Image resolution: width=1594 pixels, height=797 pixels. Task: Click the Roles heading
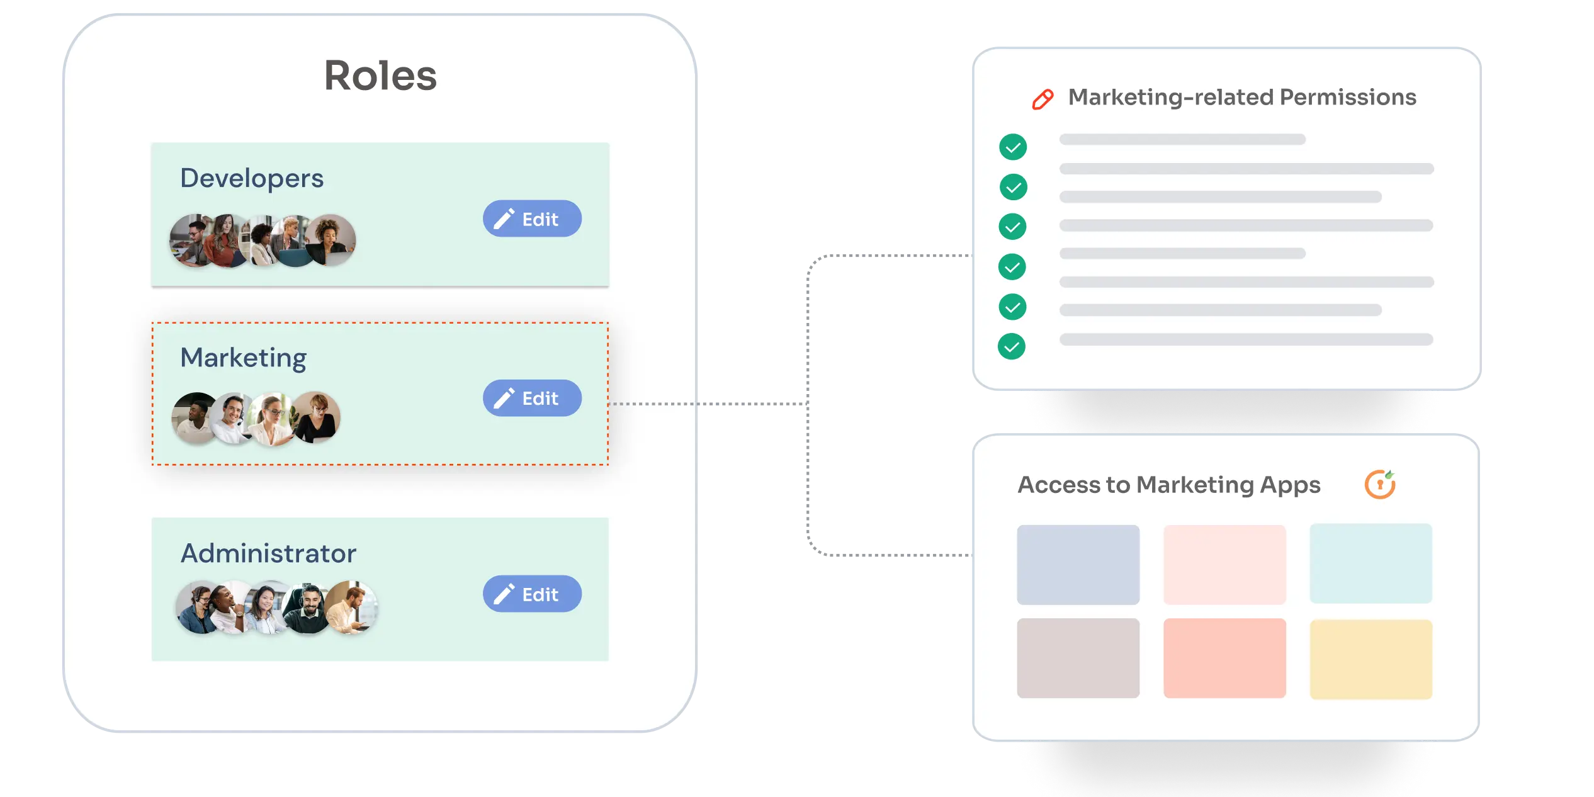tap(380, 76)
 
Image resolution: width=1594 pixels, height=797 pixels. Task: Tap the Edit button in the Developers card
tap(532, 218)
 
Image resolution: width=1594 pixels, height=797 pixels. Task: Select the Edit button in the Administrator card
tap(532, 594)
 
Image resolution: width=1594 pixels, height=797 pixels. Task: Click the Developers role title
tap(252, 178)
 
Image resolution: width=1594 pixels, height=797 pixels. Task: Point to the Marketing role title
tap(243, 358)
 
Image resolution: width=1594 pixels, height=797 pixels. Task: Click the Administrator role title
tap(268, 553)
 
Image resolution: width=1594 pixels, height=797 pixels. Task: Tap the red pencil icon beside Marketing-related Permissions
tap(1043, 99)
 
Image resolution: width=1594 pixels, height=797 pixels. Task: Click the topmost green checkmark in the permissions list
tap(1013, 147)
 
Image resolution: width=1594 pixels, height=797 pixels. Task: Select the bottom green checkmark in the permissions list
tap(1012, 346)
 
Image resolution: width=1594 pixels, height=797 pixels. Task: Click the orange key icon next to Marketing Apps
tap(1380, 484)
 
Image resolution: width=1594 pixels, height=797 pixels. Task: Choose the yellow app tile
tap(1371, 659)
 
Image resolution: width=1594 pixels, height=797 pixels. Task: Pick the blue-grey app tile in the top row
tap(1078, 565)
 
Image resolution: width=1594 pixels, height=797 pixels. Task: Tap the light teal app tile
tap(1371, 563)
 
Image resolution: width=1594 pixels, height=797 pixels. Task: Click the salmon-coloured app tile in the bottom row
tap(1224, 658)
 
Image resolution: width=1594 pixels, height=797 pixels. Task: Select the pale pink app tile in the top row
tap(1224, 565)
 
